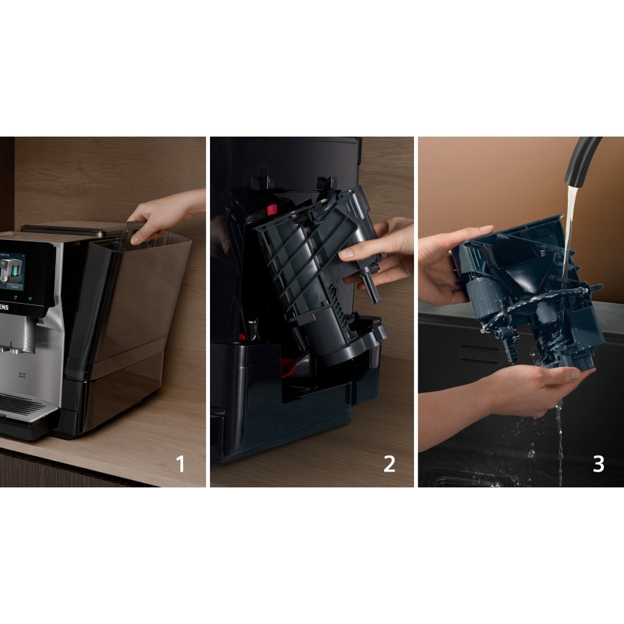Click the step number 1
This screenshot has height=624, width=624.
click(180, 463)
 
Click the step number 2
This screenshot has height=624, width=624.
click(390, 463)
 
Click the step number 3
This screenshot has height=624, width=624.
click(598, 463)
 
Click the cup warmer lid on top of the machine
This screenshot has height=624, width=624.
click(69, 227)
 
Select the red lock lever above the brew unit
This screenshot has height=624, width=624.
click(271, 209)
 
